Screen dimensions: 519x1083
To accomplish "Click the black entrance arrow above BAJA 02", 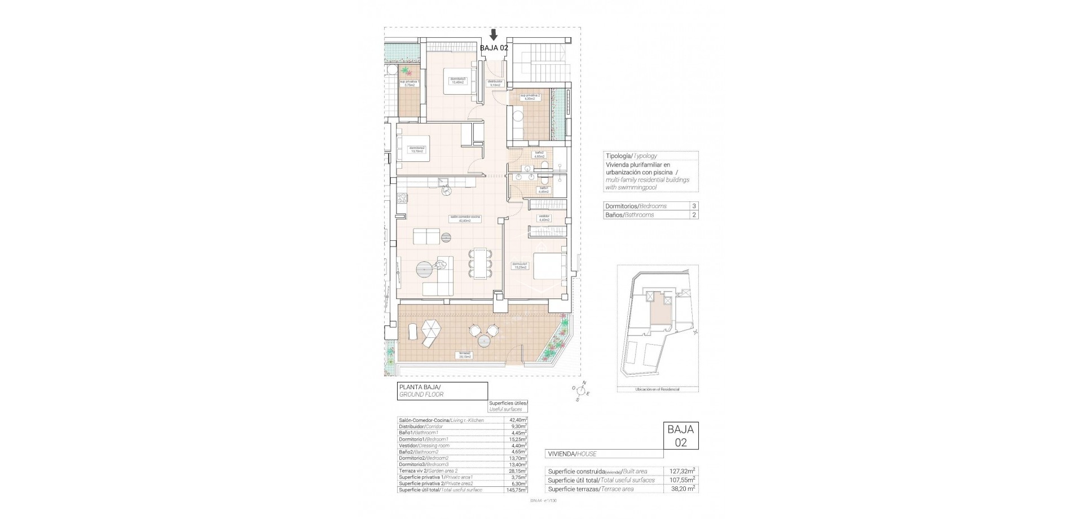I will [x=494, y=34].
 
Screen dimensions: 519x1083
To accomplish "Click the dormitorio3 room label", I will [x=457, y=80].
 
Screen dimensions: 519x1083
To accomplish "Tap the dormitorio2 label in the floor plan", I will [x=417, y=149].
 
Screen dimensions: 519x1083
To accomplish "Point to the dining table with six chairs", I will [x=480, y=264].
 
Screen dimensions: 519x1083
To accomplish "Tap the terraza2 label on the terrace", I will [x=465, y=355].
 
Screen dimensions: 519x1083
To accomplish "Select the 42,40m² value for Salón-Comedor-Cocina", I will [x=517, y=420].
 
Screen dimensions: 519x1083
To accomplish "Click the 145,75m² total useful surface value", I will [x=517, y=490].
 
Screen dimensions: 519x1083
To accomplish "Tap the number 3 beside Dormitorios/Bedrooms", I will [x=694, y=206].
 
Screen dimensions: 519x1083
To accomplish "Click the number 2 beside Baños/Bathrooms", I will [x=694, y=215].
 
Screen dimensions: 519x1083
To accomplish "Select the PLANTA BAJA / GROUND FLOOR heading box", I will [x=442, y=390].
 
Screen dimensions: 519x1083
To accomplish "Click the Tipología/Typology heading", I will [x=631, y=156].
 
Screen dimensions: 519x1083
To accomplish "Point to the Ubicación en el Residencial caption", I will [x=657, y=389].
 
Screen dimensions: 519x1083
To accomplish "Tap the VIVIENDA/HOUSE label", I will [x=572, y=454].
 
